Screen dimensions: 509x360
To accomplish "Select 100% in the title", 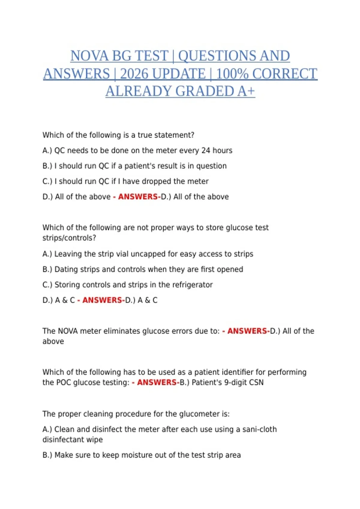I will point(232,74).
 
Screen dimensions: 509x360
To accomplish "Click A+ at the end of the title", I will point(246,91).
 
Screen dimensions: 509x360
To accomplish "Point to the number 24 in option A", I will point(205,150).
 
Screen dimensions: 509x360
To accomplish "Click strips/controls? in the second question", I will point(69,238).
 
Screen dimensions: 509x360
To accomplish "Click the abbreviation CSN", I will point(256,382).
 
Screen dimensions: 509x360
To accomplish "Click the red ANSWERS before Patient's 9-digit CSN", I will point(157,382).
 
